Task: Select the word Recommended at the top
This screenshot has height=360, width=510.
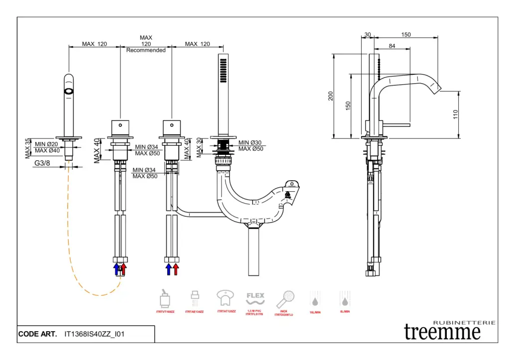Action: (146, 50)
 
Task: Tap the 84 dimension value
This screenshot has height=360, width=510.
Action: (392, 46)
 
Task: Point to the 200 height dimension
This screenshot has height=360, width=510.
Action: (331, 96)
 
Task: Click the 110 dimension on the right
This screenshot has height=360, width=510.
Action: (455, 114)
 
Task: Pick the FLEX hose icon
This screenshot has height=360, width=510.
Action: (255, 298)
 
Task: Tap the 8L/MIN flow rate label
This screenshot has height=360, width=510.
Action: (344, 311)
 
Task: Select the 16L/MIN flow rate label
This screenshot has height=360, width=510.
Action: (315, 311)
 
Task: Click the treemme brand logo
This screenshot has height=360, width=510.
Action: (443, 331)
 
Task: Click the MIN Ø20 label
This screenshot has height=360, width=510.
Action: (47, 144)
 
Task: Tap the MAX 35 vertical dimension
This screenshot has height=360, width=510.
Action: (28, 148)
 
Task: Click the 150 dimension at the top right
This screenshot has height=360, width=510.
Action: (406, 35)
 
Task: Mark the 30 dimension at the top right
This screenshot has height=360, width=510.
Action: (368, 35)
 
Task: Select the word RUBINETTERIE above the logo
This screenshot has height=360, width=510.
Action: (464, 323)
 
